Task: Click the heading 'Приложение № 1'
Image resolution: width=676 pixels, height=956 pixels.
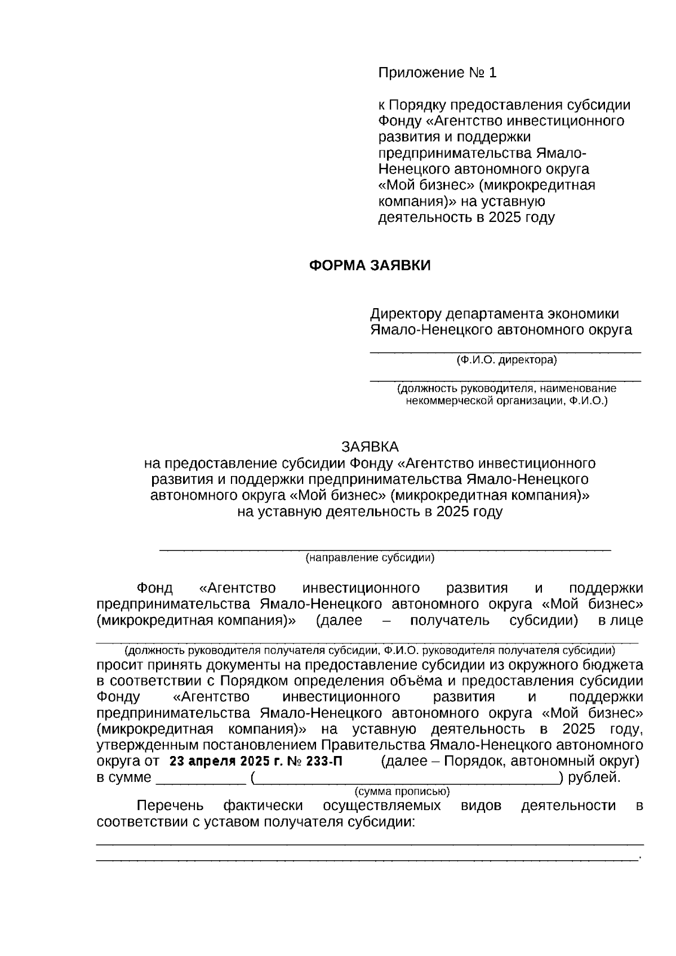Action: coord(437,73)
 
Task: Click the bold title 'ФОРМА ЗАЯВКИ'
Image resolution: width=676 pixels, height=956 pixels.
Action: coord(370,265)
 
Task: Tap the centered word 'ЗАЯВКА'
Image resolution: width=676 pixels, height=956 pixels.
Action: coord(370,447)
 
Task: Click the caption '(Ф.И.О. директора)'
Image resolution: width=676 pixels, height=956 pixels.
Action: coord(506,361)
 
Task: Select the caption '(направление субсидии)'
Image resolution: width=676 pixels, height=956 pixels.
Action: coord(370,558)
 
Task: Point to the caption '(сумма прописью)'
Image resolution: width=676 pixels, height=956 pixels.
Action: coord(402,791)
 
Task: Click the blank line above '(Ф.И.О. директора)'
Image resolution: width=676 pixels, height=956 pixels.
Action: coord(505,351)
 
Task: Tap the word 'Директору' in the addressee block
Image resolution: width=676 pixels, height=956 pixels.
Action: coord(405,313)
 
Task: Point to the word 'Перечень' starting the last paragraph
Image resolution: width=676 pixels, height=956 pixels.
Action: coord(170,806)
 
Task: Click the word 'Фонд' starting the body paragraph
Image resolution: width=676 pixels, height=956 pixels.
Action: coord(154,588)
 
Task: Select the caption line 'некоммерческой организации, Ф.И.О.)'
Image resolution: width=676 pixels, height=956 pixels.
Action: coord(506,401)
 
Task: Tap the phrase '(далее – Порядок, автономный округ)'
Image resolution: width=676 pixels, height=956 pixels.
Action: coord(510,762)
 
